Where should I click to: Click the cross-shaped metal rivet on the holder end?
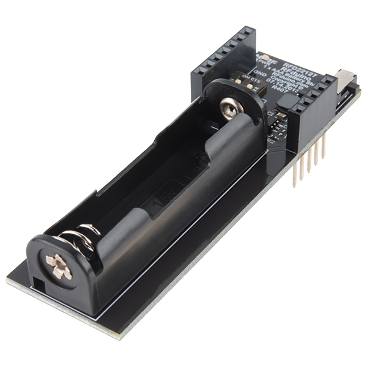tap(59, 267)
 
